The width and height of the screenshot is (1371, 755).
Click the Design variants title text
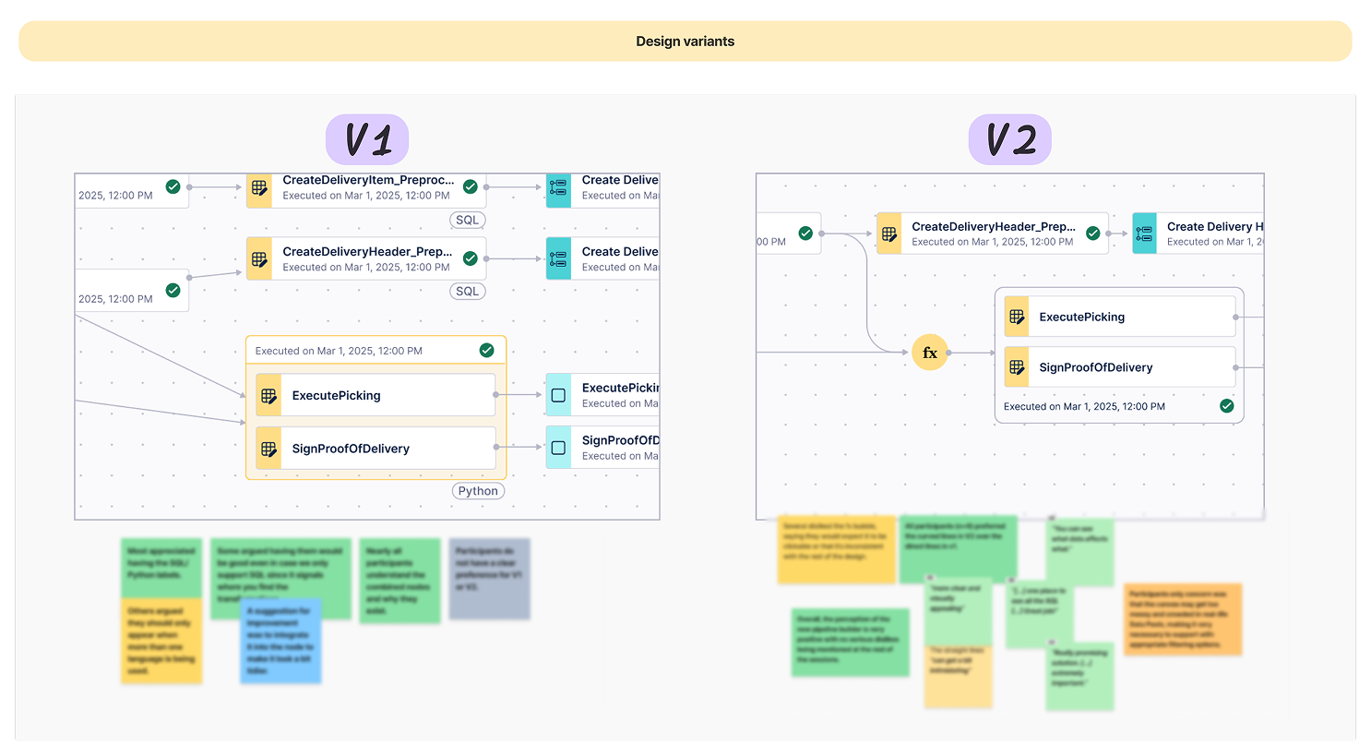point(685,42)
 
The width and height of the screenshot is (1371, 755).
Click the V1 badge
point(367,140)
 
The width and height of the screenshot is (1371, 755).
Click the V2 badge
point(1010,140)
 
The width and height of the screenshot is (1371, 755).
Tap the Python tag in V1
point(478,491)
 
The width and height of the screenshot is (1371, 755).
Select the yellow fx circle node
point(930,353)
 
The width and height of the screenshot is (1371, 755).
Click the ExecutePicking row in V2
point(1119,317)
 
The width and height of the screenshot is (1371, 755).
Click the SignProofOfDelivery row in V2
point(1119,367)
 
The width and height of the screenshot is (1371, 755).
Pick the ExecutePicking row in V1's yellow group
point(376,395)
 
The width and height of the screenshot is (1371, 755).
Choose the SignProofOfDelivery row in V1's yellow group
point(376,449)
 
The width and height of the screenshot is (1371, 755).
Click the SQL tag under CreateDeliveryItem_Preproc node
point(468,220)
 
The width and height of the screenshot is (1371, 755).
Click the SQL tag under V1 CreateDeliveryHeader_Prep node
point(468,291)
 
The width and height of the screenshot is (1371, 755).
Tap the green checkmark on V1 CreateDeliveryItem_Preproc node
point(471,186)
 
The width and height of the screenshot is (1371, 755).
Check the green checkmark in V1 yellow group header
point(487,350)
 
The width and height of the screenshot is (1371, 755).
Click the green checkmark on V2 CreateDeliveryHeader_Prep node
point(1093,234)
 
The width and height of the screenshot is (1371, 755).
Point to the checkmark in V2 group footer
point(1227,406)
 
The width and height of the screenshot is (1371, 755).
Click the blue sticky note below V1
point(280,641)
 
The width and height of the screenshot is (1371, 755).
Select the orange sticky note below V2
point(1183,619)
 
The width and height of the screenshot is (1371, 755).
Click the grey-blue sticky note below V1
point(489,579)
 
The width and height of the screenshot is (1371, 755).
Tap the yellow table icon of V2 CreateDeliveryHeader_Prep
point(889,234)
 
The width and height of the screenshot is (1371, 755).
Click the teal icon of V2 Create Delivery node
point(1144,234)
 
